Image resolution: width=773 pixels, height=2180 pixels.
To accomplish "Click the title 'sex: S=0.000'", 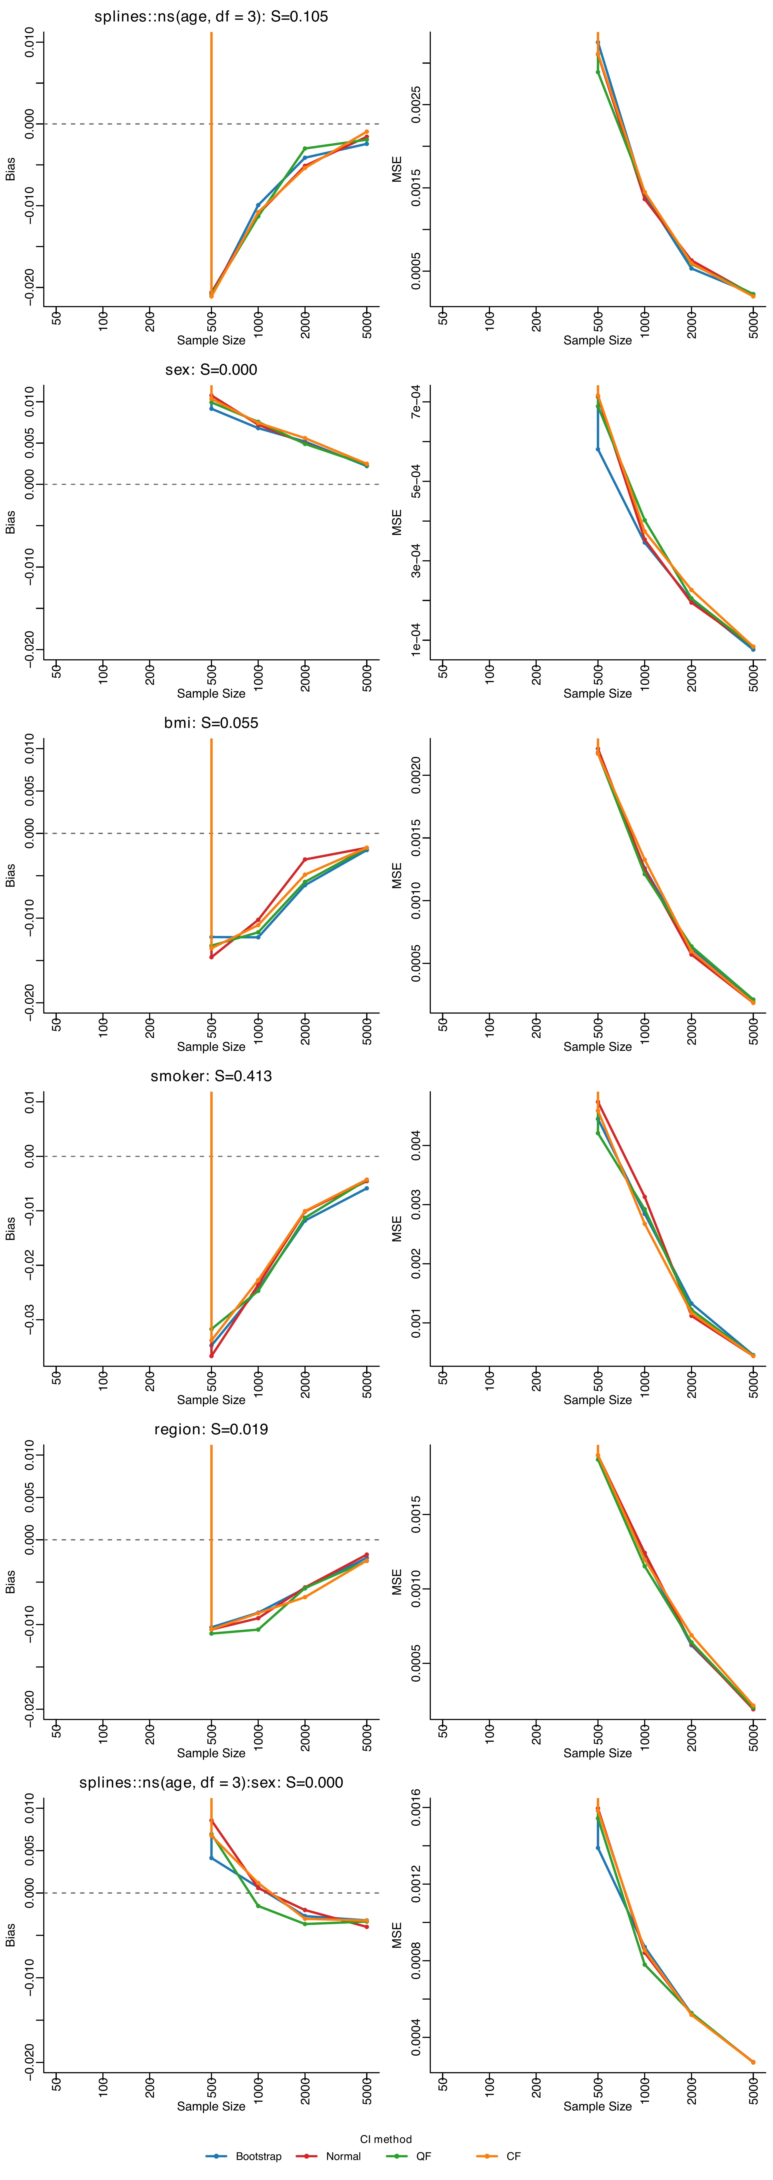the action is [211, 370].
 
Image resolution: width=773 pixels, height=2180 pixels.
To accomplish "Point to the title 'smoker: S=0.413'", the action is [211, 1076].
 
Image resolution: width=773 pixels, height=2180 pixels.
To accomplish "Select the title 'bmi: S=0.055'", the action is [211, 723].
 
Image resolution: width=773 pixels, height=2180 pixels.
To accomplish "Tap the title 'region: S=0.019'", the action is [211, 1429].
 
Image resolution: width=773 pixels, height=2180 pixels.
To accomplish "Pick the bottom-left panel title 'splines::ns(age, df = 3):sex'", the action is [211, 1782].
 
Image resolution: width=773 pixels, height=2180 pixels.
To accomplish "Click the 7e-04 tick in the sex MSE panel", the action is [416, 401].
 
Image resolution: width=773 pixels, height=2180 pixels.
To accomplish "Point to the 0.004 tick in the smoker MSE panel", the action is [416, 1145].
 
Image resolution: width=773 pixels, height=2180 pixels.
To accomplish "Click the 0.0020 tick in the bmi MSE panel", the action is [416, 775].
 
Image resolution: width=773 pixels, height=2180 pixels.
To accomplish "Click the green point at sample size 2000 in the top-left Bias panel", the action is [305, 149].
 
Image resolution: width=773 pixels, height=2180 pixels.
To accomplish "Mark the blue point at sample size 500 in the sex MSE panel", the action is [598, 449].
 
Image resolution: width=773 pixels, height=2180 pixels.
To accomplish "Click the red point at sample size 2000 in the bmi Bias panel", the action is [305, 860].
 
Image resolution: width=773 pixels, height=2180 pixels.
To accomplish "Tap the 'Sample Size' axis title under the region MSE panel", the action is [598, 1753].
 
